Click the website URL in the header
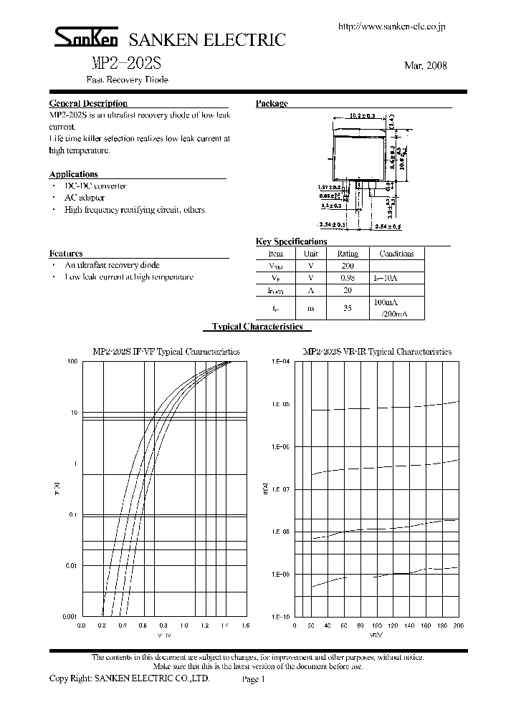[391, 27]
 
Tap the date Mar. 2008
[426, 65]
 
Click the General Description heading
[88, 104]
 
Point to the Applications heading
[73, 174]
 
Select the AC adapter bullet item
[85, 198]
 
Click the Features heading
[66, 253]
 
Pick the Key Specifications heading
[291, 241]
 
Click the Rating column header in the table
[347, 254]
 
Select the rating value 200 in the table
[347, 265]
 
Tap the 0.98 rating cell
[347, 277]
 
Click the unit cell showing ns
[310, 308]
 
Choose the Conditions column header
[396, 254]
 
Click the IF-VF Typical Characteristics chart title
[166, 352]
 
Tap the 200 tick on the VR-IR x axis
[459, 625]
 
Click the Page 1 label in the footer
[254, 679]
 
